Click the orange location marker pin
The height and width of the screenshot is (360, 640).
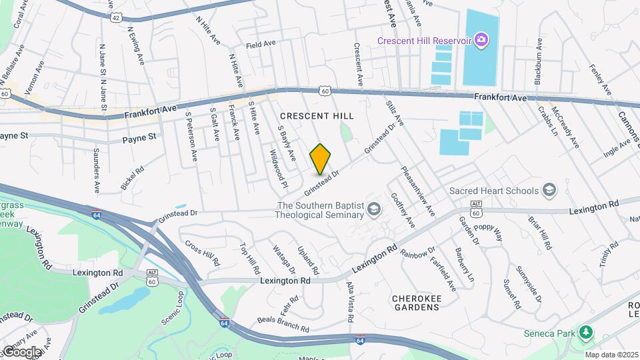(321, 159)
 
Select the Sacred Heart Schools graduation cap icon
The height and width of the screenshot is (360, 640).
(549, 191)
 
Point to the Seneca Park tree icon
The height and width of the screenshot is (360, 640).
(585, 331)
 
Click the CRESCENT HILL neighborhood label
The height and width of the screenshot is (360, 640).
(317, 116)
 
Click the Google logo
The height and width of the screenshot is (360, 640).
(22, 351)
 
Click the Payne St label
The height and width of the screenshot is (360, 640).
(139, 138)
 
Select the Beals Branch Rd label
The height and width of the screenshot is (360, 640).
(283, 325)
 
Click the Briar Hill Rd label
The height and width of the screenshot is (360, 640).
(539, 233)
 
